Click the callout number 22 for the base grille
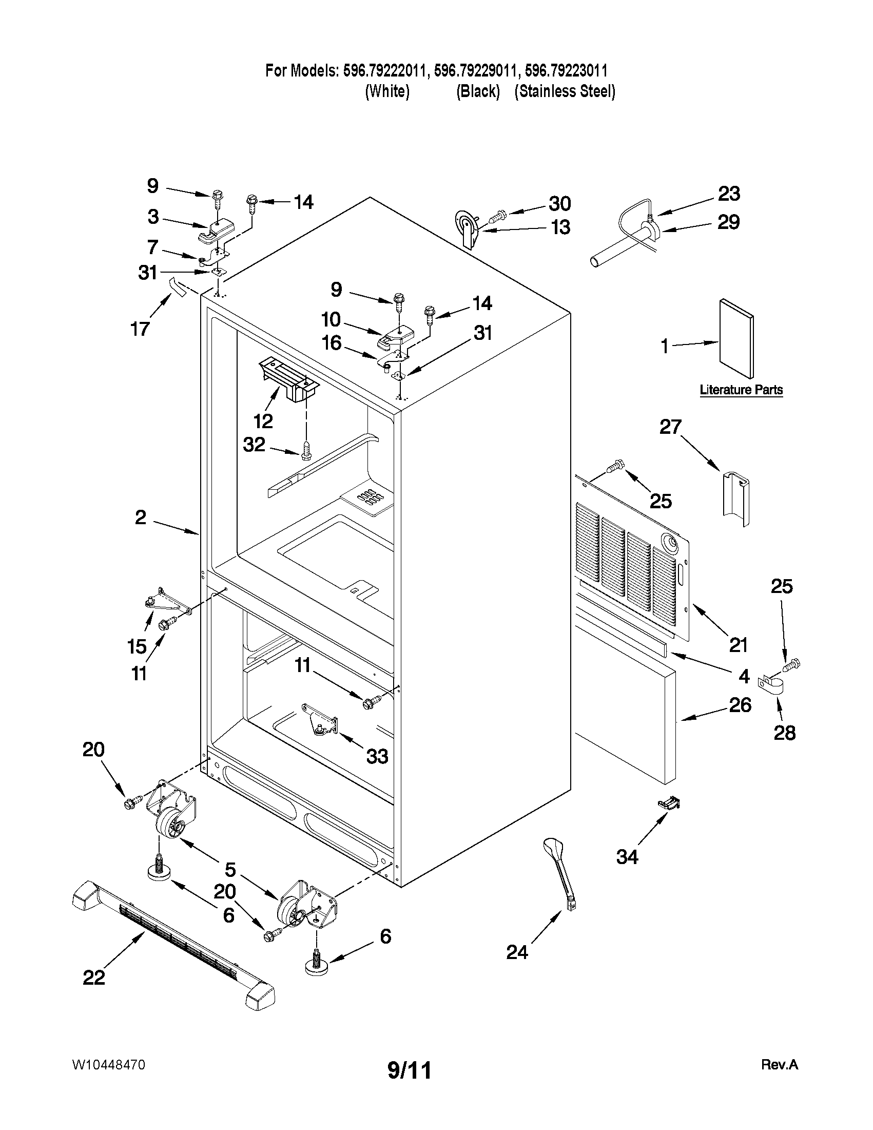tap(93, 977)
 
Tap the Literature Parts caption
tap(741, 390)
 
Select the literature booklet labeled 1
tap(735, 339)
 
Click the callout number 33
tap(377, 756)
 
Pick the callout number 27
tap(670, 427)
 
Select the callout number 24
tap(517, 952)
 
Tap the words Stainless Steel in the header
tap(565, 91)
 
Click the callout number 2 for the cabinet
tap(141, 517)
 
